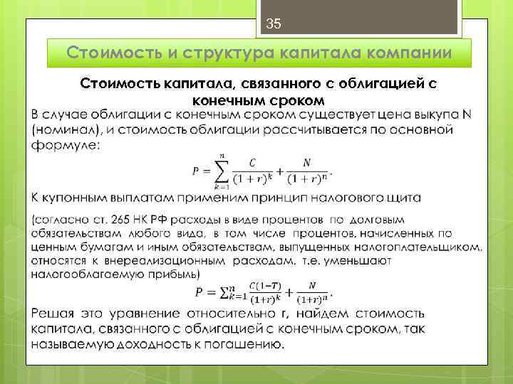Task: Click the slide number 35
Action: (x=274, y=24)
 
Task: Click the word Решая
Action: (x=55, y=314)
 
